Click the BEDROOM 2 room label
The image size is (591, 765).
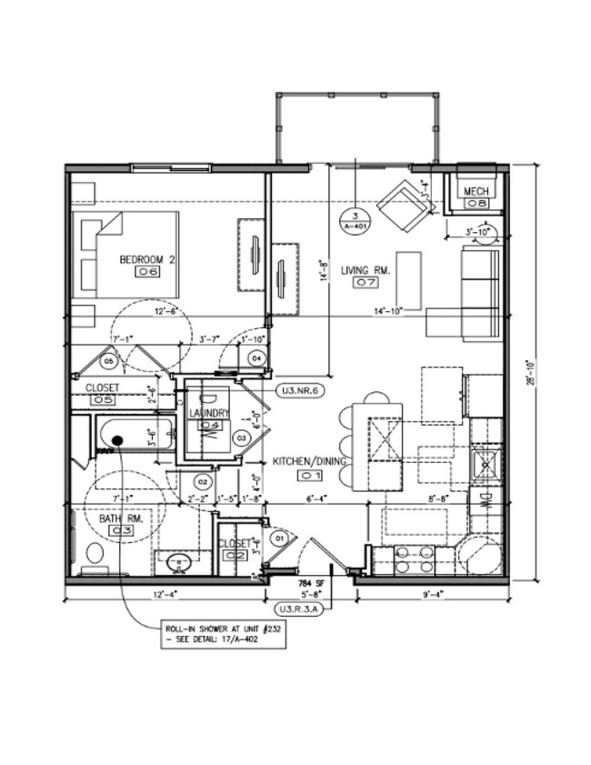click(147, 259)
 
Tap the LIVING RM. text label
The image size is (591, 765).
click(366, 270)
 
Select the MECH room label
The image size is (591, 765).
click(476, 192)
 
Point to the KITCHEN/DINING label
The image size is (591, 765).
click(312, 462)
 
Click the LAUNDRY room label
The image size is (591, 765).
click(209, 414)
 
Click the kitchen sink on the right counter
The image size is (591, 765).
click(486, 464)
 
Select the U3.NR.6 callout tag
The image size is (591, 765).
click(299, 391)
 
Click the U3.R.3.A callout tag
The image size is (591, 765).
click(300, 609)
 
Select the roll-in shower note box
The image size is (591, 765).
click(223, 634)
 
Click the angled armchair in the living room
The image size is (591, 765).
click(404, 206)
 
